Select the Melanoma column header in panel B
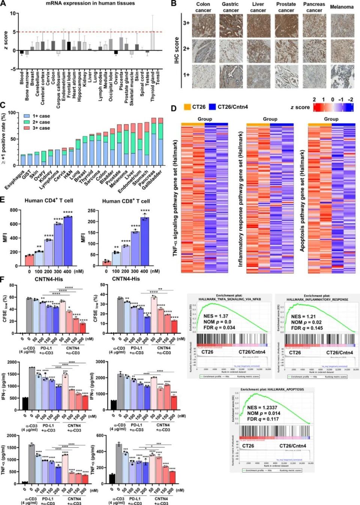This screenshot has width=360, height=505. pyautogui.click(x=341, y=7)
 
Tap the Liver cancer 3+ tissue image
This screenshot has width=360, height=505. pyautogui.click(x=258, y=25)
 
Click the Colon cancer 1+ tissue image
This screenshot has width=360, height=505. pyautogui.click(x=203, y=76)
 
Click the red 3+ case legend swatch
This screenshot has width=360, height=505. pyautogui.click(x=27, y=128)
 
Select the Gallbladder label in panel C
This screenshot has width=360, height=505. pyautogui.click(x=154, y=179)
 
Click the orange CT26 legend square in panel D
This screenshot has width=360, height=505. pyautogui.click(x=187, y=107)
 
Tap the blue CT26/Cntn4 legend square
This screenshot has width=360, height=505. pyautogui.click(x=213, y=107)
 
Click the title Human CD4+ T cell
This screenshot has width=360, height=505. pyautogui.click(x=49, y=201)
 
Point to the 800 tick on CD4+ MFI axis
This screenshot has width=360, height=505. pyautogui.click(x=13, y=210)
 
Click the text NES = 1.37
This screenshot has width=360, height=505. pyautogui.click(x=216, y=316)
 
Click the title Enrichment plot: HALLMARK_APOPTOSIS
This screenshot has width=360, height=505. pyautogui.click(x=272, y=390)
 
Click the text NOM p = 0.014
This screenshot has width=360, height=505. pyautogui.click(x=264, y=413)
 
